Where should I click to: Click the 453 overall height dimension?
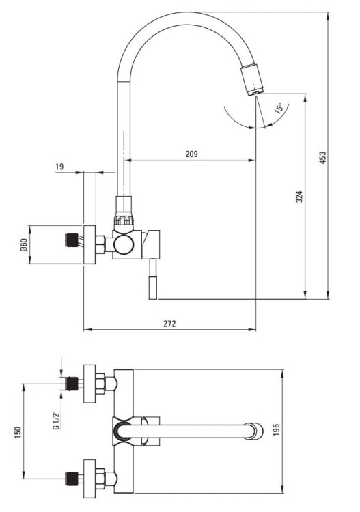click(x=322, y=158)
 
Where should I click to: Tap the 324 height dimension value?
click(x=299, y=197)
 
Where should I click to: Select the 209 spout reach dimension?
click(x=191, y=154)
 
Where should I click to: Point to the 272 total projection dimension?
click(x=169, y=324)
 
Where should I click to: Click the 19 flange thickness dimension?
click(x=59, y=167)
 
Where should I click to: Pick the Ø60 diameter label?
click(x=23, y=244)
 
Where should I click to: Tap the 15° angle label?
click(x=279, y=108)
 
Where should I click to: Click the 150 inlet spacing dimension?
click(x=18, y=432)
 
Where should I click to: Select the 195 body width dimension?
click(x=277, y=429)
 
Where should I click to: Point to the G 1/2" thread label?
click(x=57, y=420)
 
